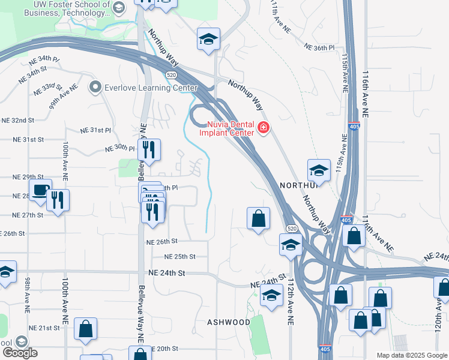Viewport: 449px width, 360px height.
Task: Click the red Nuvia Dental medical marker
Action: coord(263,127)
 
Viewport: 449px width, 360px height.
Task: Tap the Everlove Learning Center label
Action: coord(151,88)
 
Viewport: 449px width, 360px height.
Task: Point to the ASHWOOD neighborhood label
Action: coord(229,322)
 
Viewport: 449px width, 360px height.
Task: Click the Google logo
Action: coord(20,352)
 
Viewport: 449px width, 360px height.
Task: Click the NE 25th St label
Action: coord(181,257)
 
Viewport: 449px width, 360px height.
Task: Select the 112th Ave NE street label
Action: coord(291,302)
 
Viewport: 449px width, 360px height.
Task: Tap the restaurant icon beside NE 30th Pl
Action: coord(149,150)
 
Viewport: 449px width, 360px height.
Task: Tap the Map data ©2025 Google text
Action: coord(412,355)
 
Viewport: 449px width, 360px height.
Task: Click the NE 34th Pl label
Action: coord(45,59)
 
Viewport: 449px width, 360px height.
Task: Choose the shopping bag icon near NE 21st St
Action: coord(86,329)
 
